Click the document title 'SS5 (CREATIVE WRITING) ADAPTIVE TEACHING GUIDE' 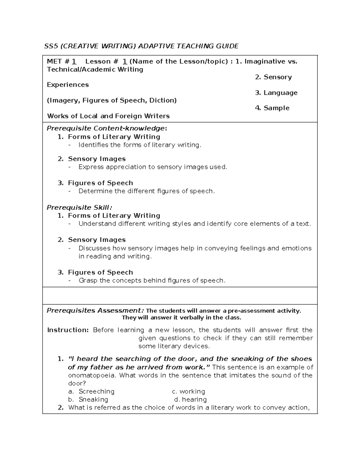tap(141, 46)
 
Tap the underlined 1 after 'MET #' tap(74, 62)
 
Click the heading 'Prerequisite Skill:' tap(79, 207)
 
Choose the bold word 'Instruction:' tap(68, 330)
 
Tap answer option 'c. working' tap(188, 391)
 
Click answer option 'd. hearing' tap(190, 399)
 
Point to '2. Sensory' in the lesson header tap(273, 77)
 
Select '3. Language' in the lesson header tap(276, 93)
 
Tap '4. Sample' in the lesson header tap(272, 108)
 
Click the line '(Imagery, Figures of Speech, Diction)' tap(112, 100)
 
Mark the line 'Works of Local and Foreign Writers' tap(108, 116)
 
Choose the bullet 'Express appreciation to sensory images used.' tap(153, 167)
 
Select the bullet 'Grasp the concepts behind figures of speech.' tap(152, 281)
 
